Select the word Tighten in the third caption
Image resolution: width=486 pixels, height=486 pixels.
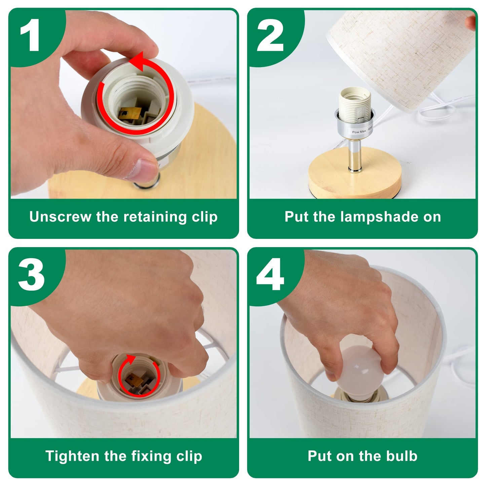tap(72, 456)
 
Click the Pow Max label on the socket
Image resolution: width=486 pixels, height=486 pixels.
tap(362, 131)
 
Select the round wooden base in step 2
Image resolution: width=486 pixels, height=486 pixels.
tap(355, 174)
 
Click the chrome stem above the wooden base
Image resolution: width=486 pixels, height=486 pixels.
tap(354, 155)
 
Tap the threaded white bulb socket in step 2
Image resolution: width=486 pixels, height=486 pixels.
tap(354, 104)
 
